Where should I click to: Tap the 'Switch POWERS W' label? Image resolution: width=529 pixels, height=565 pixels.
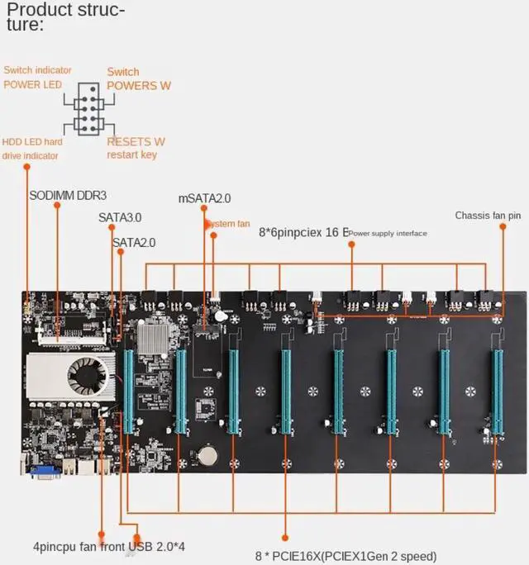tap(139, 78)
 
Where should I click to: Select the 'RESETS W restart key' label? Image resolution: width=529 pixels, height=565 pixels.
tap(136, 148)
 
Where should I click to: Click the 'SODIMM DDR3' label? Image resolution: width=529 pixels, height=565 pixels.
tap(68, 196)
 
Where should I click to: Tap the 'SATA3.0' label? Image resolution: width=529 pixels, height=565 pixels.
tap(120, 217)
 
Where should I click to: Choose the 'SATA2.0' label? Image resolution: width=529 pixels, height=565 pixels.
tap(134, 242)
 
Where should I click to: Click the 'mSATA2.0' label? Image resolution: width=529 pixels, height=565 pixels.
tap(204, 198)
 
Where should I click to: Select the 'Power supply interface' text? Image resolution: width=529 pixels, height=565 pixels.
tap(388, 234)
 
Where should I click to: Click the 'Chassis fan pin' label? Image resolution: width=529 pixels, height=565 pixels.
tap(488, 216)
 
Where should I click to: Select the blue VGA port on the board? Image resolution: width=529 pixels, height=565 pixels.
tap(45, 470)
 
